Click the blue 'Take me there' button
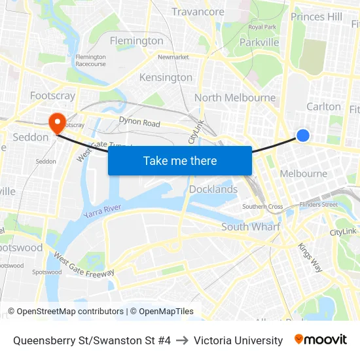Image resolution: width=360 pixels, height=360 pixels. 180,160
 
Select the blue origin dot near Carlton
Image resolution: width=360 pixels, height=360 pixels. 302,135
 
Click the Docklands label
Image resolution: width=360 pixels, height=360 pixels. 213,189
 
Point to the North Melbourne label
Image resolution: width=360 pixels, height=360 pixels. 235,98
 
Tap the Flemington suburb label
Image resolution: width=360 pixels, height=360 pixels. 136,41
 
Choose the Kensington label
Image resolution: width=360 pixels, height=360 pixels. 166,77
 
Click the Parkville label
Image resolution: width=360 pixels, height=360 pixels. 259,42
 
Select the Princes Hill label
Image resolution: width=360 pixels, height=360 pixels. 316,16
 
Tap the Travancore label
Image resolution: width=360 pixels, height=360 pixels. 198,11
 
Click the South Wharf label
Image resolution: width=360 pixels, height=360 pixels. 251,226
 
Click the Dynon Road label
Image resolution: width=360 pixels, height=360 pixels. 139,122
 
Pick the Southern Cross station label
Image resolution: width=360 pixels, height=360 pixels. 262,207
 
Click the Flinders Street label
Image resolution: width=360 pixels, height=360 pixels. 318,204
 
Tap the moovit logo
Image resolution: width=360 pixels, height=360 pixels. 320,340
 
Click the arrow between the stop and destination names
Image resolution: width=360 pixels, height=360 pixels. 182,340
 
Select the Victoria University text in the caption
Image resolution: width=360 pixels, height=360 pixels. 238,340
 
